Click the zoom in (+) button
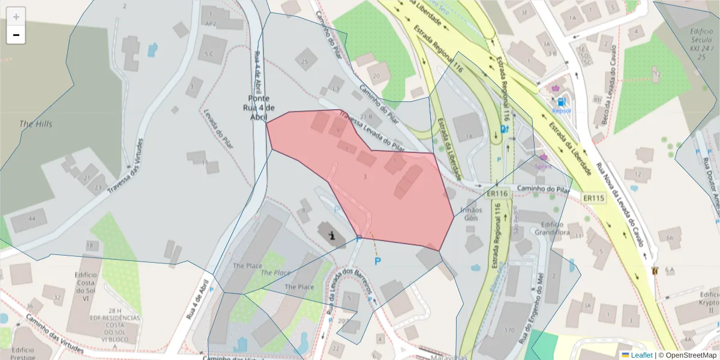(x=16, y=17)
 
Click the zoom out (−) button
(x=16, y=35)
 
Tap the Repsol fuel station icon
(x=561, y=102)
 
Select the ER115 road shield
(x=593, y=197)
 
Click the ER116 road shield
(x=497, y=194)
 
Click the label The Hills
(x=36, y=124)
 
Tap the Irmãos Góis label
(x=470, y=214)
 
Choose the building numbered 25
(x=306, y=61)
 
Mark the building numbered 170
(x=509, y=331)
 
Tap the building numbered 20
(x=377, y=75)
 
